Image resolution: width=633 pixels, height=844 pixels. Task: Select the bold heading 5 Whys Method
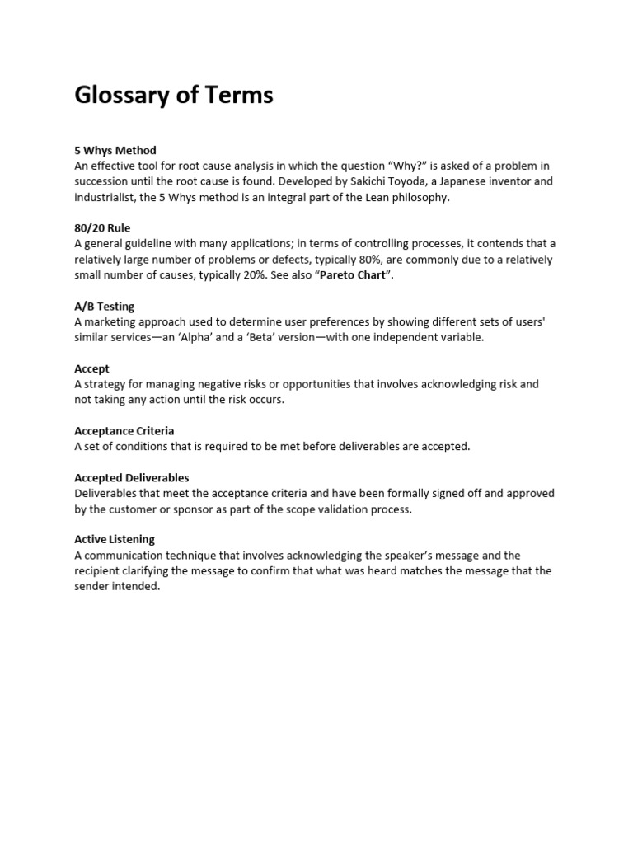(115, 151)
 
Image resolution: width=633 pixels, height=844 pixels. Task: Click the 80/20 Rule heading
(102, 228)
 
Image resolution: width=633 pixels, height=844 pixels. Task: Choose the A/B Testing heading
(104, 307)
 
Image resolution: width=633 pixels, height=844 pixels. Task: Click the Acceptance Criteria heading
(124, 431)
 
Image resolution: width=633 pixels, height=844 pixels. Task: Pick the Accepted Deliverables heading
(131, 477)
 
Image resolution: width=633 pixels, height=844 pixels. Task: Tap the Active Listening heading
(115, 540)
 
